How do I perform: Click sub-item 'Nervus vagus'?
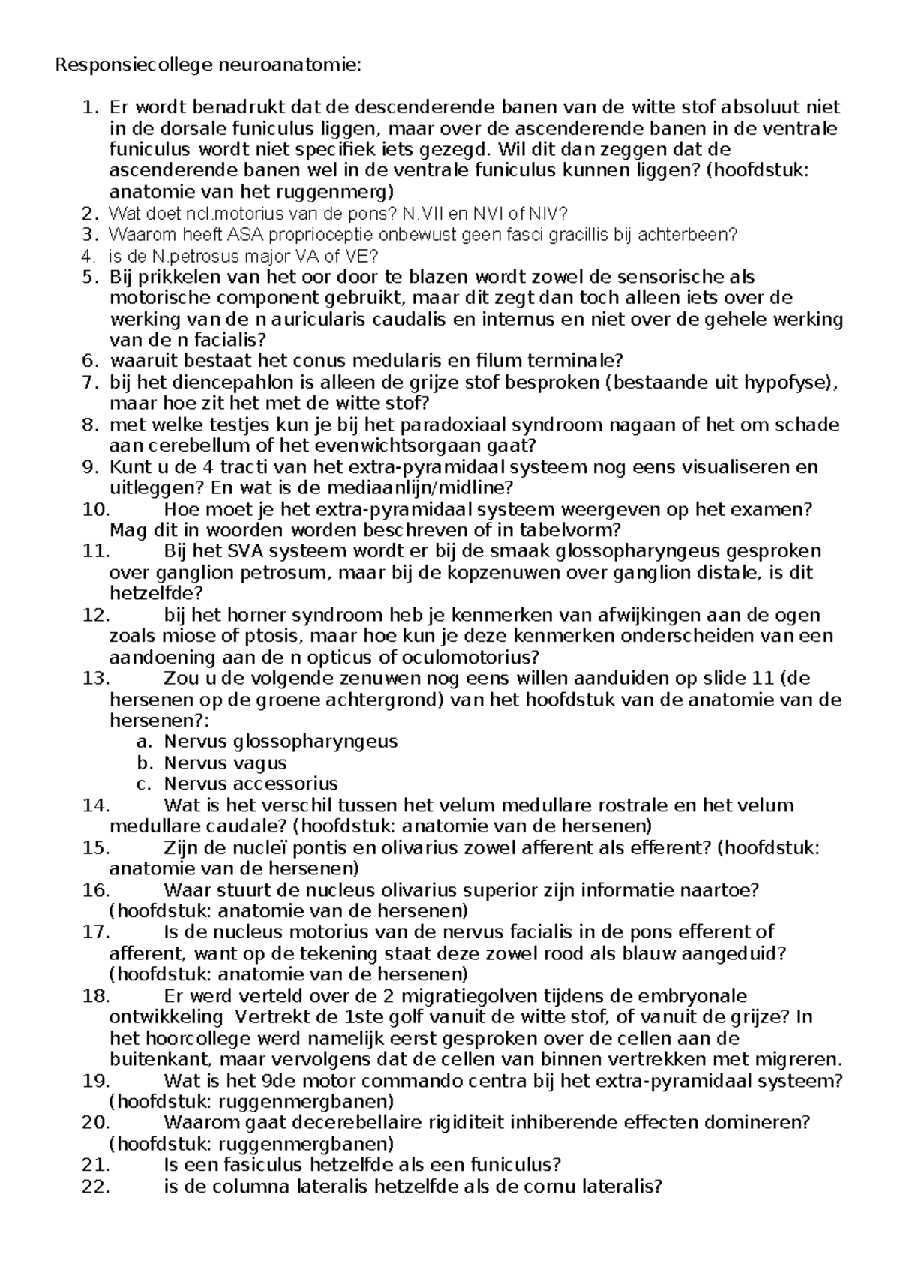click(x=226, y=763)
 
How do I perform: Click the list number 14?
click(x=97, y=805)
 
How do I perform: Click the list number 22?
click(x=97, y=1186)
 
